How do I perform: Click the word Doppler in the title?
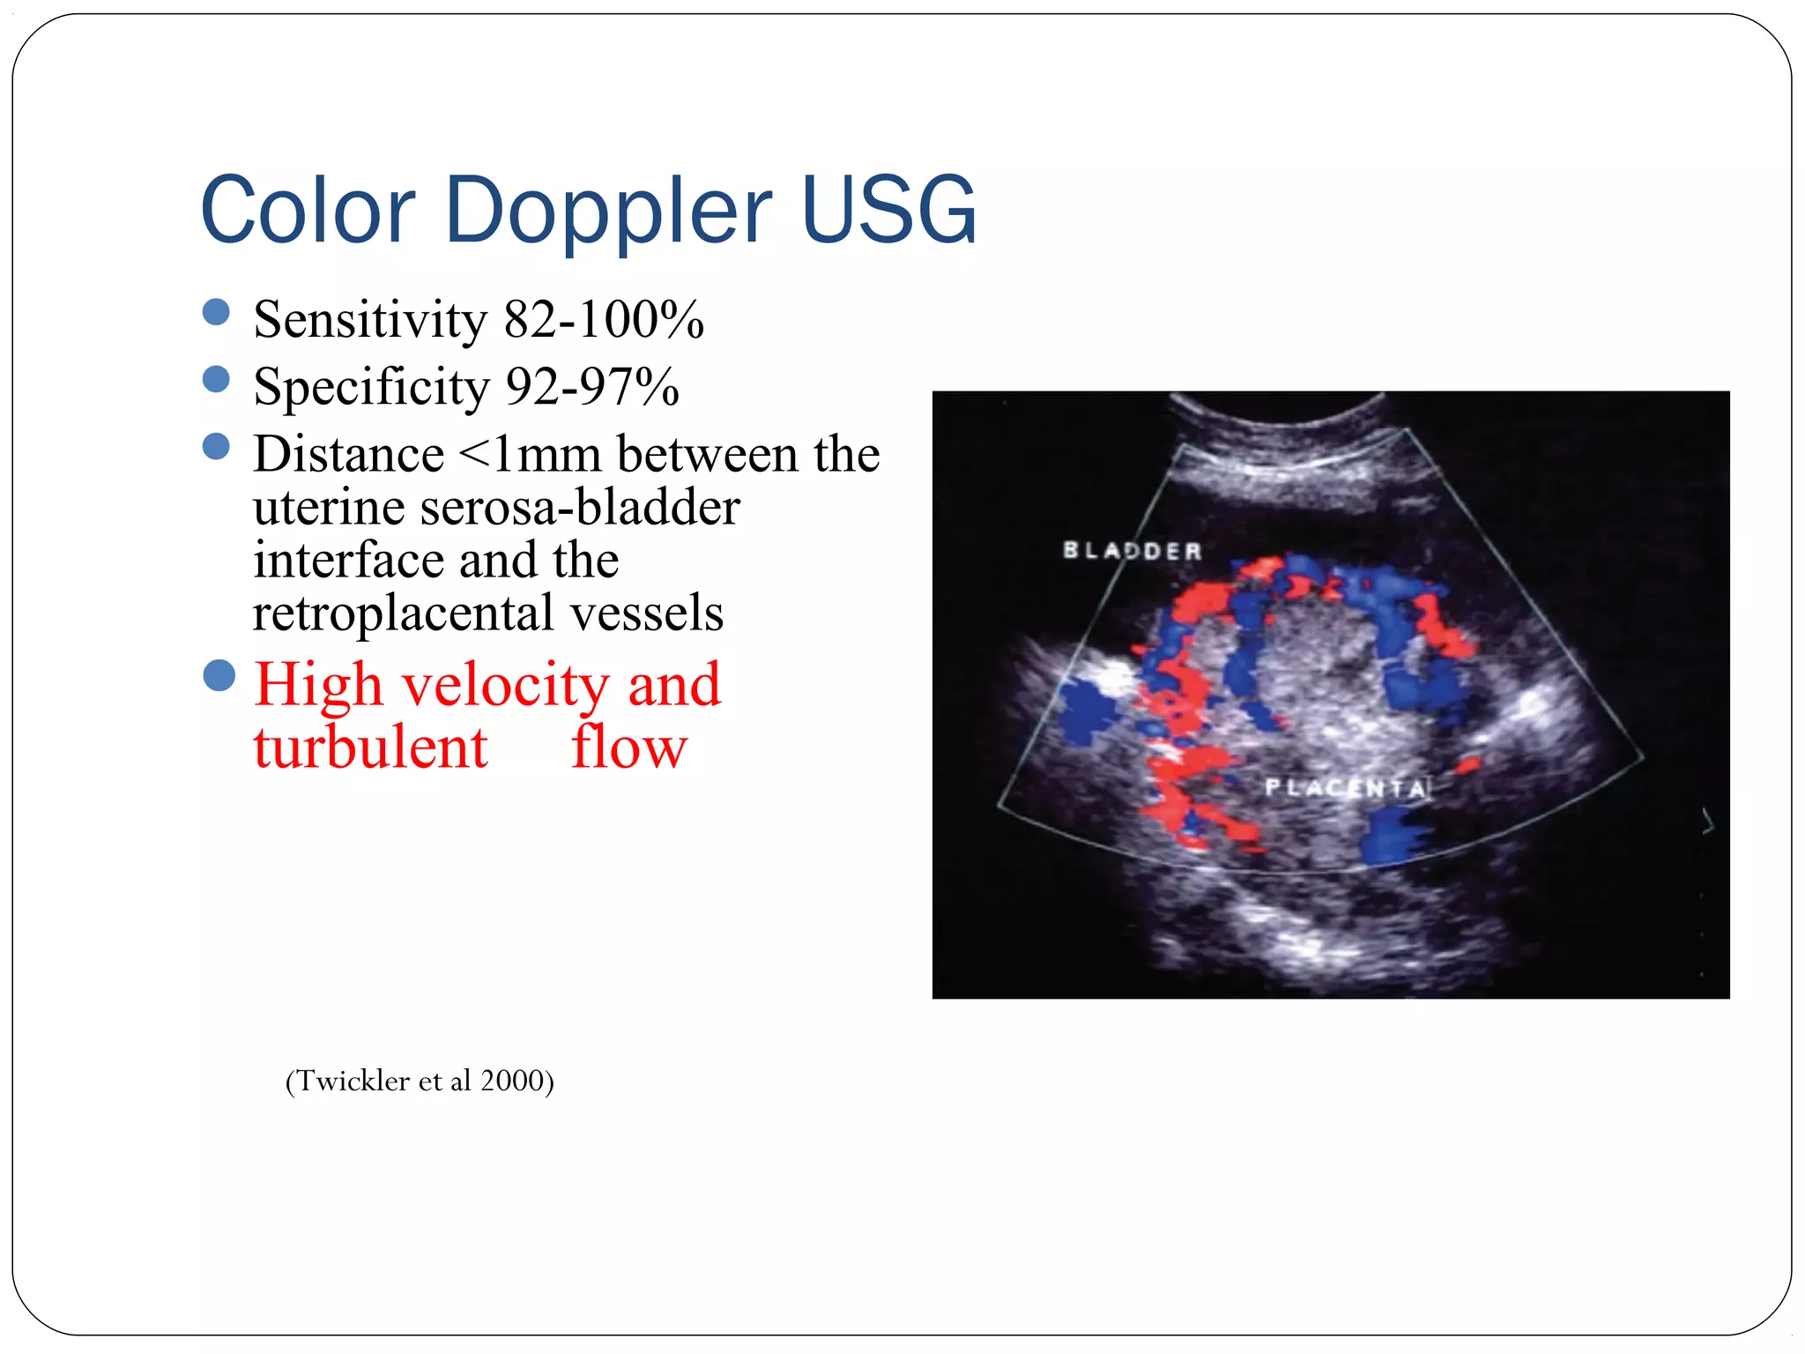(x=608, y=212)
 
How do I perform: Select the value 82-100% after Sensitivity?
(x=604, y=319)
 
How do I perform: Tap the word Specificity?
(x=370, y=388)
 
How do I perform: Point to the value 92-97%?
(x=592, y=387)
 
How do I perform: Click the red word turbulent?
(x=370, y=748)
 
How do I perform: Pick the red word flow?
(x=628, y=748)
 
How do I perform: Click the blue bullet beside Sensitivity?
(x=216, y=312)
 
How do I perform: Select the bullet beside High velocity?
(x=219, y=676)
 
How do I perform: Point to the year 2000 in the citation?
(x=512, y=1081)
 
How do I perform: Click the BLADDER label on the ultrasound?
(x=1132, y=551)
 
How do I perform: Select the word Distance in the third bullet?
(x=348, y=455)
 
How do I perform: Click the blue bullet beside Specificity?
(x=216, y=379)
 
